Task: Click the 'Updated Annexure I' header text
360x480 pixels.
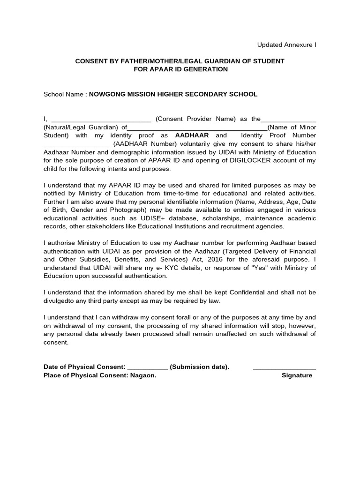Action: click(286, 45)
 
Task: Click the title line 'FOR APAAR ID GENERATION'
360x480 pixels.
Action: click(180, 69)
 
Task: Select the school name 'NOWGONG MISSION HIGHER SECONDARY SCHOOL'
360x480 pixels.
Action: click(173, 94)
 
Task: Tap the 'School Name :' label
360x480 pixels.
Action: click(65, 94)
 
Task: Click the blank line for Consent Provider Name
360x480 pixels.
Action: click(101, 120)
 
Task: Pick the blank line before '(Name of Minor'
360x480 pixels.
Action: click(197, 127)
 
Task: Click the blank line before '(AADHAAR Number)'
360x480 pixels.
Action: click(76, 144)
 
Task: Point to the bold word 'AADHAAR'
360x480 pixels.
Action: click(192, 135)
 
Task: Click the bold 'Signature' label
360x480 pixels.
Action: click(297, 375)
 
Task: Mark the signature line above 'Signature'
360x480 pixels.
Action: click(284, 368)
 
